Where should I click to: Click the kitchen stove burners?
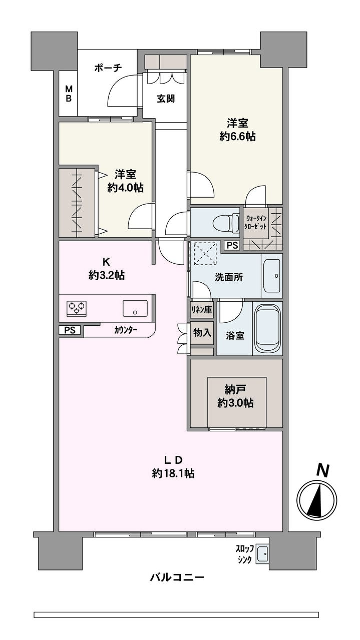(77, 308)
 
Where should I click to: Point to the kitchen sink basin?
(135, 308)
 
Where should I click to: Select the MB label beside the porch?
(68, 94)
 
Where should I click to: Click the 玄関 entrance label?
(165, 99)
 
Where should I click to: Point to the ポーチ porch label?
(108, 69)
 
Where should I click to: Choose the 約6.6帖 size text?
(237, 137)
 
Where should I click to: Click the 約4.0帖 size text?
(125, 188)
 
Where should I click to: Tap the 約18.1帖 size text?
(173, 473)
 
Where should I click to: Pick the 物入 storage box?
(202, 332)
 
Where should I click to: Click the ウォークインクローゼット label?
(256, 221)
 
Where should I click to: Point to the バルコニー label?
(177, 577)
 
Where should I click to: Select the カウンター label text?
(126, 330)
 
